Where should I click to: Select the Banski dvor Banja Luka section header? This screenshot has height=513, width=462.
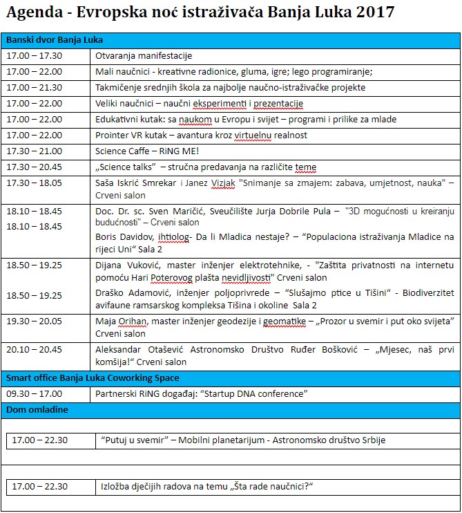coord(55,39)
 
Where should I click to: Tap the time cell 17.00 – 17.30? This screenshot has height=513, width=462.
coord(34,55)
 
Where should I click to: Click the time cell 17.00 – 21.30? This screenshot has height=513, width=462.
coord(34,87)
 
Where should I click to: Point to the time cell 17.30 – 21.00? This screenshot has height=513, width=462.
coord(34,151)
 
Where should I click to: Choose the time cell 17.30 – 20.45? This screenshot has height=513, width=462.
coord(34,167)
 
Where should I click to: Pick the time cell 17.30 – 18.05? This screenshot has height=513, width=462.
coord(34,183)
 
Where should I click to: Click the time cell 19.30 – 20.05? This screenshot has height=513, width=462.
coord(34,321)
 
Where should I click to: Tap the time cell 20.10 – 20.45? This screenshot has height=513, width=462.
coord(34,349)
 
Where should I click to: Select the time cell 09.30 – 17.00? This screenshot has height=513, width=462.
coord(34,394)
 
